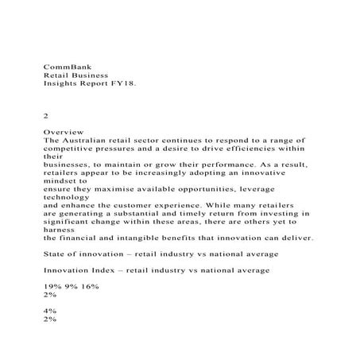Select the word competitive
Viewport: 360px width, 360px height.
(72, 149)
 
